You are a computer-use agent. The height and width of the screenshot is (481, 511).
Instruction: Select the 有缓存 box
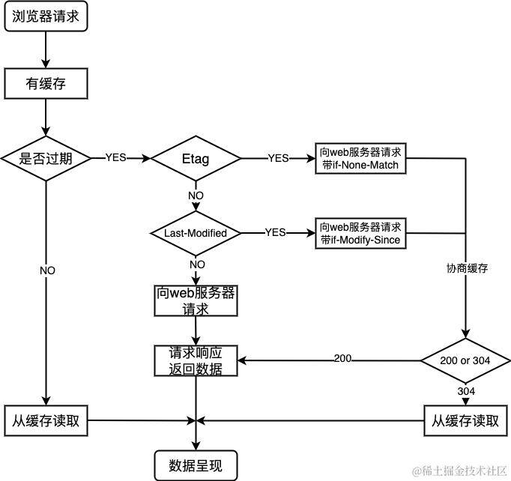[x=46, y=84]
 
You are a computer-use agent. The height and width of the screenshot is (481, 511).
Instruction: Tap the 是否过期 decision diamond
[x=46, y=158]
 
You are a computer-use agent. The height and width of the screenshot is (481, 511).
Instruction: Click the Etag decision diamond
[x=196, y=159]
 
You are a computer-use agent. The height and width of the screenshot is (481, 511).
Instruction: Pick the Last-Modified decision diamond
[x=196, y=233]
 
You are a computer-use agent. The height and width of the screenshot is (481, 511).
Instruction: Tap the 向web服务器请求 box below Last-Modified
[x=196, y=300]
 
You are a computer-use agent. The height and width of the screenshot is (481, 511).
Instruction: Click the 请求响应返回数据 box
[x=196, y=361]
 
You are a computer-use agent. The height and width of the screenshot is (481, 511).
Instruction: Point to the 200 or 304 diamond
[x=465, y=360]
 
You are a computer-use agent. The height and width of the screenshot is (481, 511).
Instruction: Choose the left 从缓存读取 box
[x=46, y=420]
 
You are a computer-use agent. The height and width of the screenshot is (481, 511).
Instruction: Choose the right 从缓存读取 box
[x=465, y=420]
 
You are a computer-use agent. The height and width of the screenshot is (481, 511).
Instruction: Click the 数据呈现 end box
[x=196, y=465]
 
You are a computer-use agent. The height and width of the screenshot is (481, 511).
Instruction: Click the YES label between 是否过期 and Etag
[x=115, y=158]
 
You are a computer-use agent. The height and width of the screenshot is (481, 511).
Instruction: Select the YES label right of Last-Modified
[x=275, y=233]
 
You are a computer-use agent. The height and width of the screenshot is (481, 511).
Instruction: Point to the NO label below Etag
[x=196, y=196]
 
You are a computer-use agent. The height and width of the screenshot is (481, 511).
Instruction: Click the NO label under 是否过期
[x=47, y=270]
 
